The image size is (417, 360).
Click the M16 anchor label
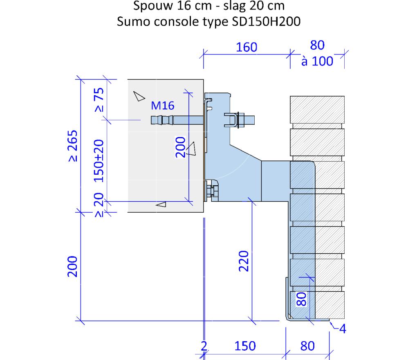click(162, 106)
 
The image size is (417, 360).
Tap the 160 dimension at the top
click(247, 47)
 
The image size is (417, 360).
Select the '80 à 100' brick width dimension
click(317, 53)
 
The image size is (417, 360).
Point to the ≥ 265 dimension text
click(73, 146)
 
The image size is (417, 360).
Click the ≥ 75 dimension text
click(99, 100)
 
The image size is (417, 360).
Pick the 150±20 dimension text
click(99, 161)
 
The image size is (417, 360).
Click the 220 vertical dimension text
click(244, 261)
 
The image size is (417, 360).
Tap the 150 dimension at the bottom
click(245, 346)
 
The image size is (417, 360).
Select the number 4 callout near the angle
click(343, 329)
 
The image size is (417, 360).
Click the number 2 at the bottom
click(204, 346)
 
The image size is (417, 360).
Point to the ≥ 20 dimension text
click(99, 205)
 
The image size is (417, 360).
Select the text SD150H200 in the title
click(266, 21)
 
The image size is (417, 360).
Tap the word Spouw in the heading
click(153, 6)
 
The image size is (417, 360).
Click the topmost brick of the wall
click(317, 109)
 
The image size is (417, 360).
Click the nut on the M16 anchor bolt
click(241, 120)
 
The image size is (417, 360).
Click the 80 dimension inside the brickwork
click(301, 299)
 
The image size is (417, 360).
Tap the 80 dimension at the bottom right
click(307, 346)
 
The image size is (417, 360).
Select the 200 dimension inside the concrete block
click(181, 147)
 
